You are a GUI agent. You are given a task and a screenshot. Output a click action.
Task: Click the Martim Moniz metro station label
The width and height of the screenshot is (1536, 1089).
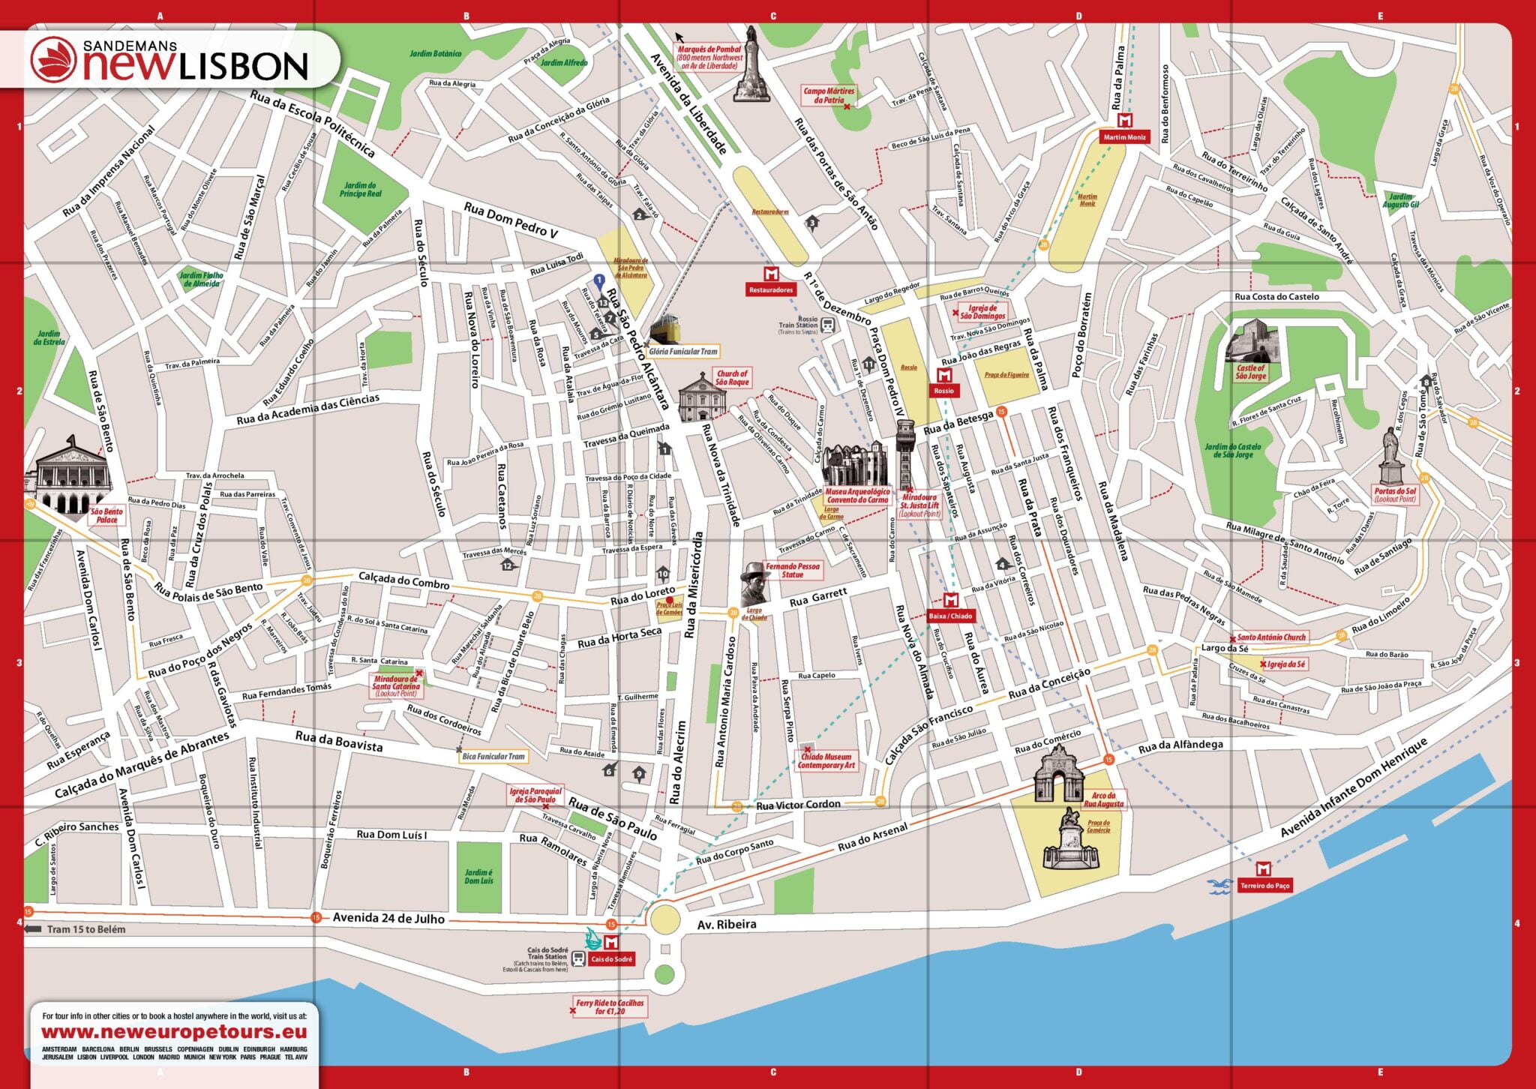[x=1124, y=137]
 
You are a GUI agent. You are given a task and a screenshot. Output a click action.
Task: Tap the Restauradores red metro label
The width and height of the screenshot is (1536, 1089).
[x=770, y=289]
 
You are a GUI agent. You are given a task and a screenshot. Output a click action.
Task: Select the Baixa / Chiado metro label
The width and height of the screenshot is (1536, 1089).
[x=950, y=616]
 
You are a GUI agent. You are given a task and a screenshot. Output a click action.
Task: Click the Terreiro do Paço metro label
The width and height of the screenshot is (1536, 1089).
[x=1264, y=886]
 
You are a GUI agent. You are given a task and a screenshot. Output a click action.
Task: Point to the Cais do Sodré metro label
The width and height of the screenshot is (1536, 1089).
[x=612, y=959]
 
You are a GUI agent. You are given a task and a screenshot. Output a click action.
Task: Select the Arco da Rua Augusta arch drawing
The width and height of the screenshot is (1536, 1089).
[x=1058, y=773]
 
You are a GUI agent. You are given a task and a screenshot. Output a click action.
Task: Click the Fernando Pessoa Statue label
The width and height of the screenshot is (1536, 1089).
[x=792, y=570]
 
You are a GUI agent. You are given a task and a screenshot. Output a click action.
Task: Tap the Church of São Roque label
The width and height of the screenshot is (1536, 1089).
[x=732, y=377]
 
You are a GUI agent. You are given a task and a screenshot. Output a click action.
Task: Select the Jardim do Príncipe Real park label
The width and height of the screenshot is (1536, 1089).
[x=360, y=190]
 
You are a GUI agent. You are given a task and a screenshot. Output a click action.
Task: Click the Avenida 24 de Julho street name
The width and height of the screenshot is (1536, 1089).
[x=388, y=917]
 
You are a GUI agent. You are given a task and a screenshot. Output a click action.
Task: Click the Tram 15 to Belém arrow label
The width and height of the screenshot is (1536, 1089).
[x=75, y=929]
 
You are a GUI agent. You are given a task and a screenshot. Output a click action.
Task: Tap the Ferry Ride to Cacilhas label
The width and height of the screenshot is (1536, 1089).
[x=609, y=1006]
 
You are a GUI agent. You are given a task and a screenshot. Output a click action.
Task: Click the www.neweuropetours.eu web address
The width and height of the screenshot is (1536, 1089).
[x=174, y=1032]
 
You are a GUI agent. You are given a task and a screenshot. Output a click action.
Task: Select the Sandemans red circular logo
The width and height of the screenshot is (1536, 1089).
[x=54, y=60]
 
